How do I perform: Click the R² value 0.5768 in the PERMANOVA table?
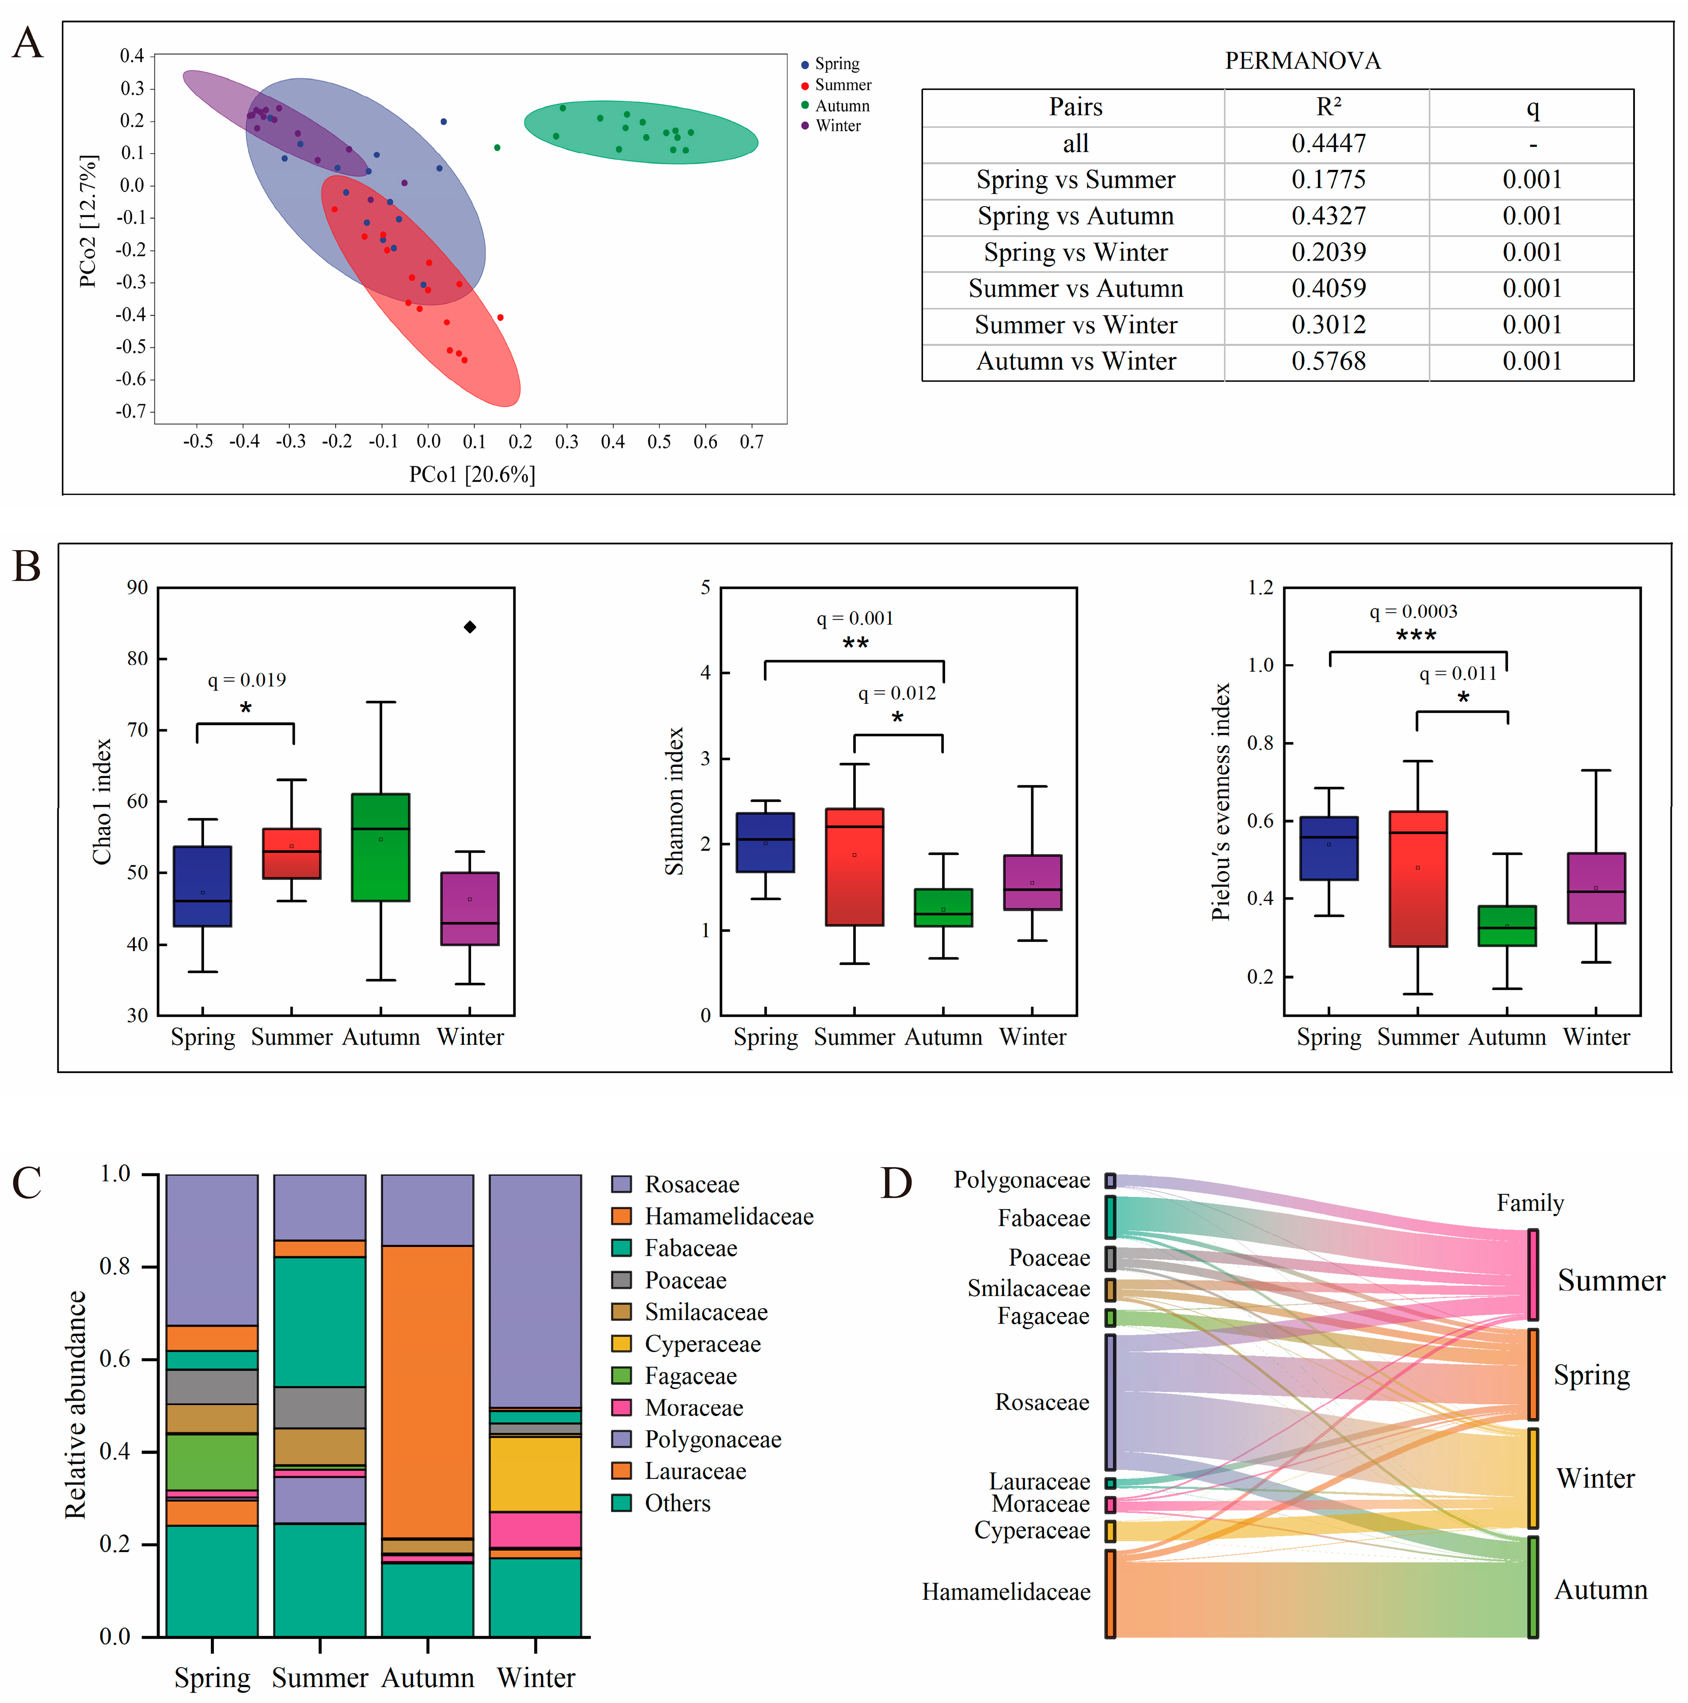(1328, 362)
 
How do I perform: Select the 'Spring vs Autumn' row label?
(1075, 216)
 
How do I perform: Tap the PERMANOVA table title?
(1302, 61)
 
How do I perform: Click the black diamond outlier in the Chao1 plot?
(470, 627)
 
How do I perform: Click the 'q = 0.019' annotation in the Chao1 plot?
(247, 679)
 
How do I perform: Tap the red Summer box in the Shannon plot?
(854, 866)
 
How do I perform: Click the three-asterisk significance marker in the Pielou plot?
(1415, 635)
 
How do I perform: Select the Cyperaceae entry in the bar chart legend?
(703, 1344)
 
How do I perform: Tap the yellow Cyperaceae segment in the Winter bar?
(535, 1474)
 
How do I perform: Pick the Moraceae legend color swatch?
(621, 1408)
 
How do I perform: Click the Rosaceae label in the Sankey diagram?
(1042, 1403)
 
